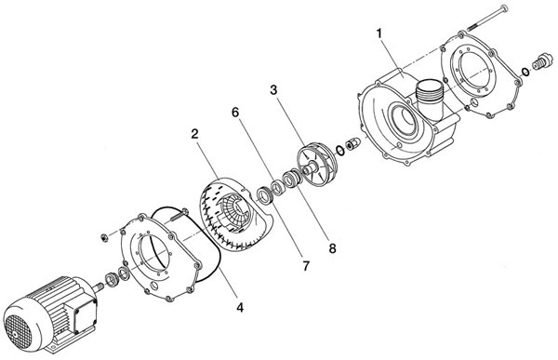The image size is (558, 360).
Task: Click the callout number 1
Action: pyautogui.click(x=379, y=33)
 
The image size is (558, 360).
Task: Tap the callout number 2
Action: pyautogui.click(x=194, y=134)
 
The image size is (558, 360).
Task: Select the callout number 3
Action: pyautogui.click(x=273, y=90)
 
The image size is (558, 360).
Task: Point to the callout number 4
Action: pyautogui.click(x=240, y=307)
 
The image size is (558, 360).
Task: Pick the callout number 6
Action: pyautogui.click(x=235, y=113)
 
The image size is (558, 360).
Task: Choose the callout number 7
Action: pyautogui.click(x=306, y=266)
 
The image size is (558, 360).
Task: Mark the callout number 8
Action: pyautogui.click(x=332, y=248)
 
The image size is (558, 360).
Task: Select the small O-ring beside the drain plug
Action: pyautogui.click(x=525, y=72)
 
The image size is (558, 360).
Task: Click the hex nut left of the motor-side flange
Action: pyautogui.click(x=104, y=237)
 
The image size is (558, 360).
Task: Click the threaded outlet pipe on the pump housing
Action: pyautogui.click(x=430, y=100)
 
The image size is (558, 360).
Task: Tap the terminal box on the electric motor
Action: pyautogui.click(x=85, y=313)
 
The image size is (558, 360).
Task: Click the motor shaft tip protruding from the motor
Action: pyautogui.click(x=99, y=285)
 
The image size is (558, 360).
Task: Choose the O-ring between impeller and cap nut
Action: pyautogui.click(x=339, y=151)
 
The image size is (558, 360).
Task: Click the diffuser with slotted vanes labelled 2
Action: pyautogui.click(x=232, y=213)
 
